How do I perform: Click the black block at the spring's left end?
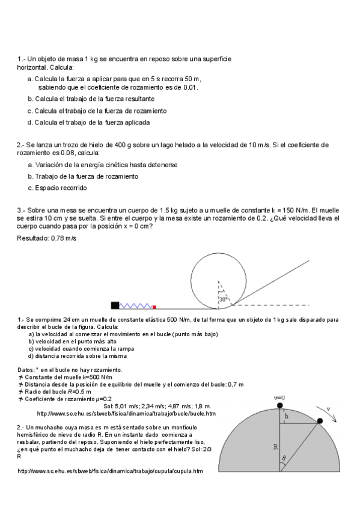pyautogui.click(x=115, y=304)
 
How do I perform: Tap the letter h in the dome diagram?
pyautogui.click(x=287, y=416)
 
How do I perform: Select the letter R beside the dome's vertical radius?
pyautogui.click(x=275, y=447)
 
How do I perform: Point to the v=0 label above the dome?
pyautogui.click(x=279, y=398)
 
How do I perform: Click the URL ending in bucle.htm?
pyautogui.click(x=126, y=414)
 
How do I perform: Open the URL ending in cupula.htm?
pyautogui.click(x=110, y=472)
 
